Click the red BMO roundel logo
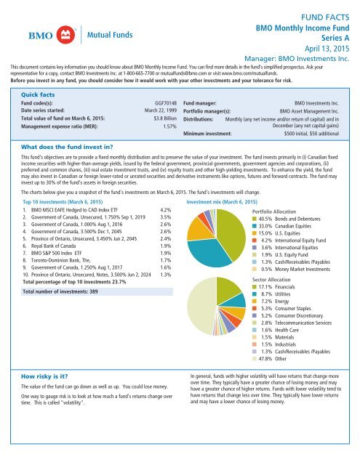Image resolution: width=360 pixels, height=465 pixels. click(65, 35)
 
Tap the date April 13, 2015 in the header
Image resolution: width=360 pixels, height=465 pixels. click(327, 49)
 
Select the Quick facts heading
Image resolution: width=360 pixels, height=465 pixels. click(38, 94)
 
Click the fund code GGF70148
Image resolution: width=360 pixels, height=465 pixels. click(166, 103)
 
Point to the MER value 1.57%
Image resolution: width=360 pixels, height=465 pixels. click(169, 126)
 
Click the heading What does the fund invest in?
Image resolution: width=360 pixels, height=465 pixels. click(67, 147)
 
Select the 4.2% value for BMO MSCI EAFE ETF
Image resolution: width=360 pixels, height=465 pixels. click(166, 210)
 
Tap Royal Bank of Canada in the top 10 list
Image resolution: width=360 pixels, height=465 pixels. click(53, 246)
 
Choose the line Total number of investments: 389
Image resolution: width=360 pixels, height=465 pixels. click(60, 291)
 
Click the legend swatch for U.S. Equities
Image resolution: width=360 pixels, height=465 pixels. click(255, 233)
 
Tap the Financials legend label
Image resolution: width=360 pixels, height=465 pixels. click(285, 287)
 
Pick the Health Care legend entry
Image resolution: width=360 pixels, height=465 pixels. click(276, 330)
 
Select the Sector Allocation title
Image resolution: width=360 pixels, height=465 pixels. click(271, 280)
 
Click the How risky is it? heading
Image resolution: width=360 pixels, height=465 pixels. click(44, 376)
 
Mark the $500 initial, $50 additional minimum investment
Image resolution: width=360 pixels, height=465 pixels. click(311, 134)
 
